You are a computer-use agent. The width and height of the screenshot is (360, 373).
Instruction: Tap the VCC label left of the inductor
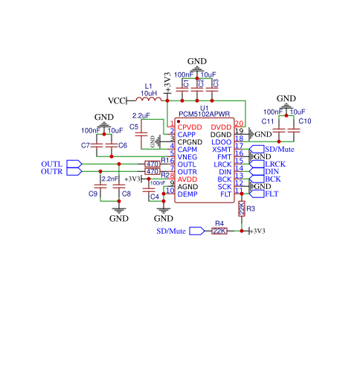click(117, 101)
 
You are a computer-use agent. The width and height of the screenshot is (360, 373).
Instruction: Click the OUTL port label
click(52, 164)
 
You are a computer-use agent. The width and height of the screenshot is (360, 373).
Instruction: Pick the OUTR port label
click(52, 172)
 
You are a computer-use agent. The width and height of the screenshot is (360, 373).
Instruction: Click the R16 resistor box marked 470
click(152, 164)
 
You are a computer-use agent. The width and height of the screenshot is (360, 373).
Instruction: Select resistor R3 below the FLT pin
click(242, 210)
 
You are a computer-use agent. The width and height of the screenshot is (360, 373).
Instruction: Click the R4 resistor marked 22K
click(219, 231)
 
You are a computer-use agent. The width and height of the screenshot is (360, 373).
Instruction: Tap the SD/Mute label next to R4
click(171, 232)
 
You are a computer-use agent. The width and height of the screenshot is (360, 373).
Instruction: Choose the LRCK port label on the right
click(274, 164)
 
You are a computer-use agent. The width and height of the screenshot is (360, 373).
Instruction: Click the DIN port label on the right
click(272, 171)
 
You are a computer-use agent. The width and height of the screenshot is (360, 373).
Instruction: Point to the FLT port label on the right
click(271, 194)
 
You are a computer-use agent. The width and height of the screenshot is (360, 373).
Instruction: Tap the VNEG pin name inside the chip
click(187, 156)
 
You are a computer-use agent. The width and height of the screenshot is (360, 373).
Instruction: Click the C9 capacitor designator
click(93, 194)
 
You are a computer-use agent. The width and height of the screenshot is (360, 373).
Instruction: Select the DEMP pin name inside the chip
click(187, 194)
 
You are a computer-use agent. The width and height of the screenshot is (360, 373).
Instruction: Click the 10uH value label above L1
click(150, 93)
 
